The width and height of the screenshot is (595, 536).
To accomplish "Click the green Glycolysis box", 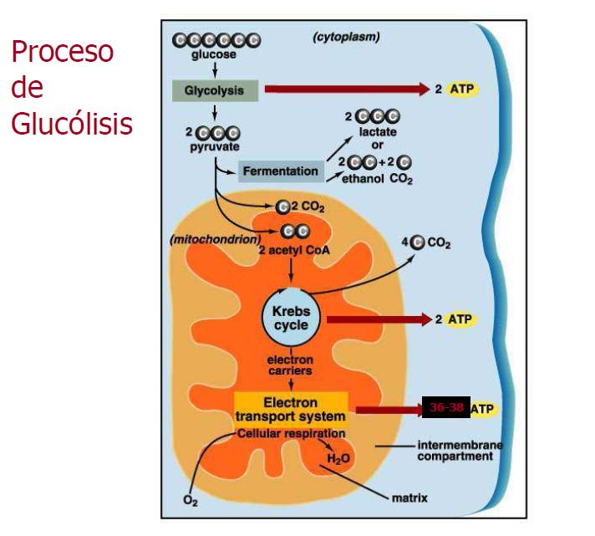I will (x=215, y=90).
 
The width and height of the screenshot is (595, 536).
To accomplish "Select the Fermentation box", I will (x=281, y=171).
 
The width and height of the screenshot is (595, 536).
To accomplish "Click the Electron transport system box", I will (x=290, y=410).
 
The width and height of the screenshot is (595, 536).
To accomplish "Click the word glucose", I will (x=213, y=55).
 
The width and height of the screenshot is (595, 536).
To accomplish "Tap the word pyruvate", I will (x=213, y=147).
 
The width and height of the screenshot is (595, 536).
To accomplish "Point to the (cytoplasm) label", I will (x=346, y=37).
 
